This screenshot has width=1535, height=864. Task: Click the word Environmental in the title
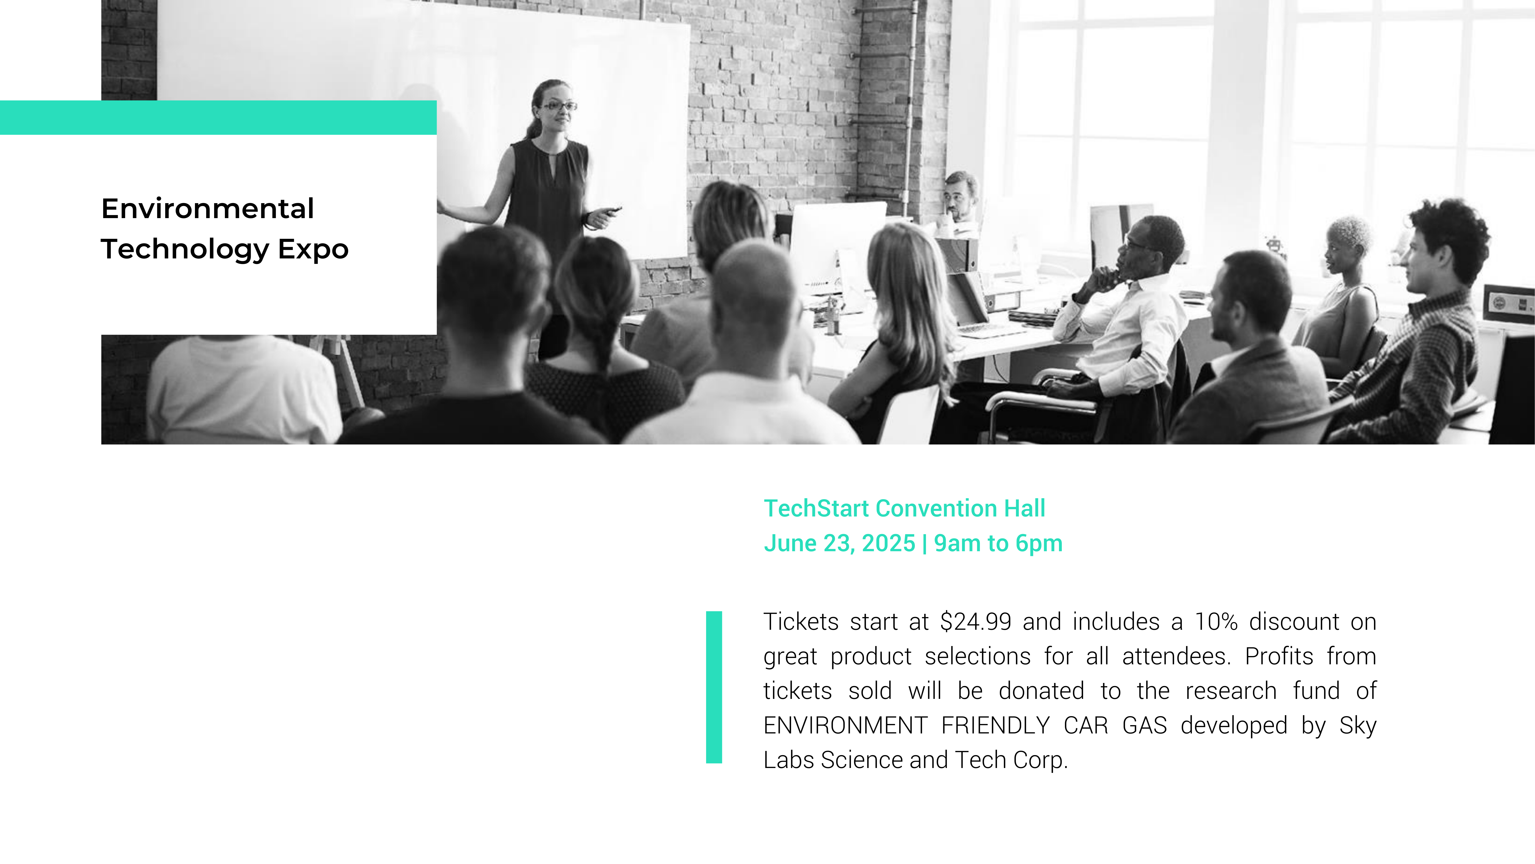click(207, 209)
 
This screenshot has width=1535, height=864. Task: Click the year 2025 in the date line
click(888, 543)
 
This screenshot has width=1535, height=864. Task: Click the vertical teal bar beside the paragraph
click(714, 687)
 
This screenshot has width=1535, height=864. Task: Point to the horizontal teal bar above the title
click(218, 118)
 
